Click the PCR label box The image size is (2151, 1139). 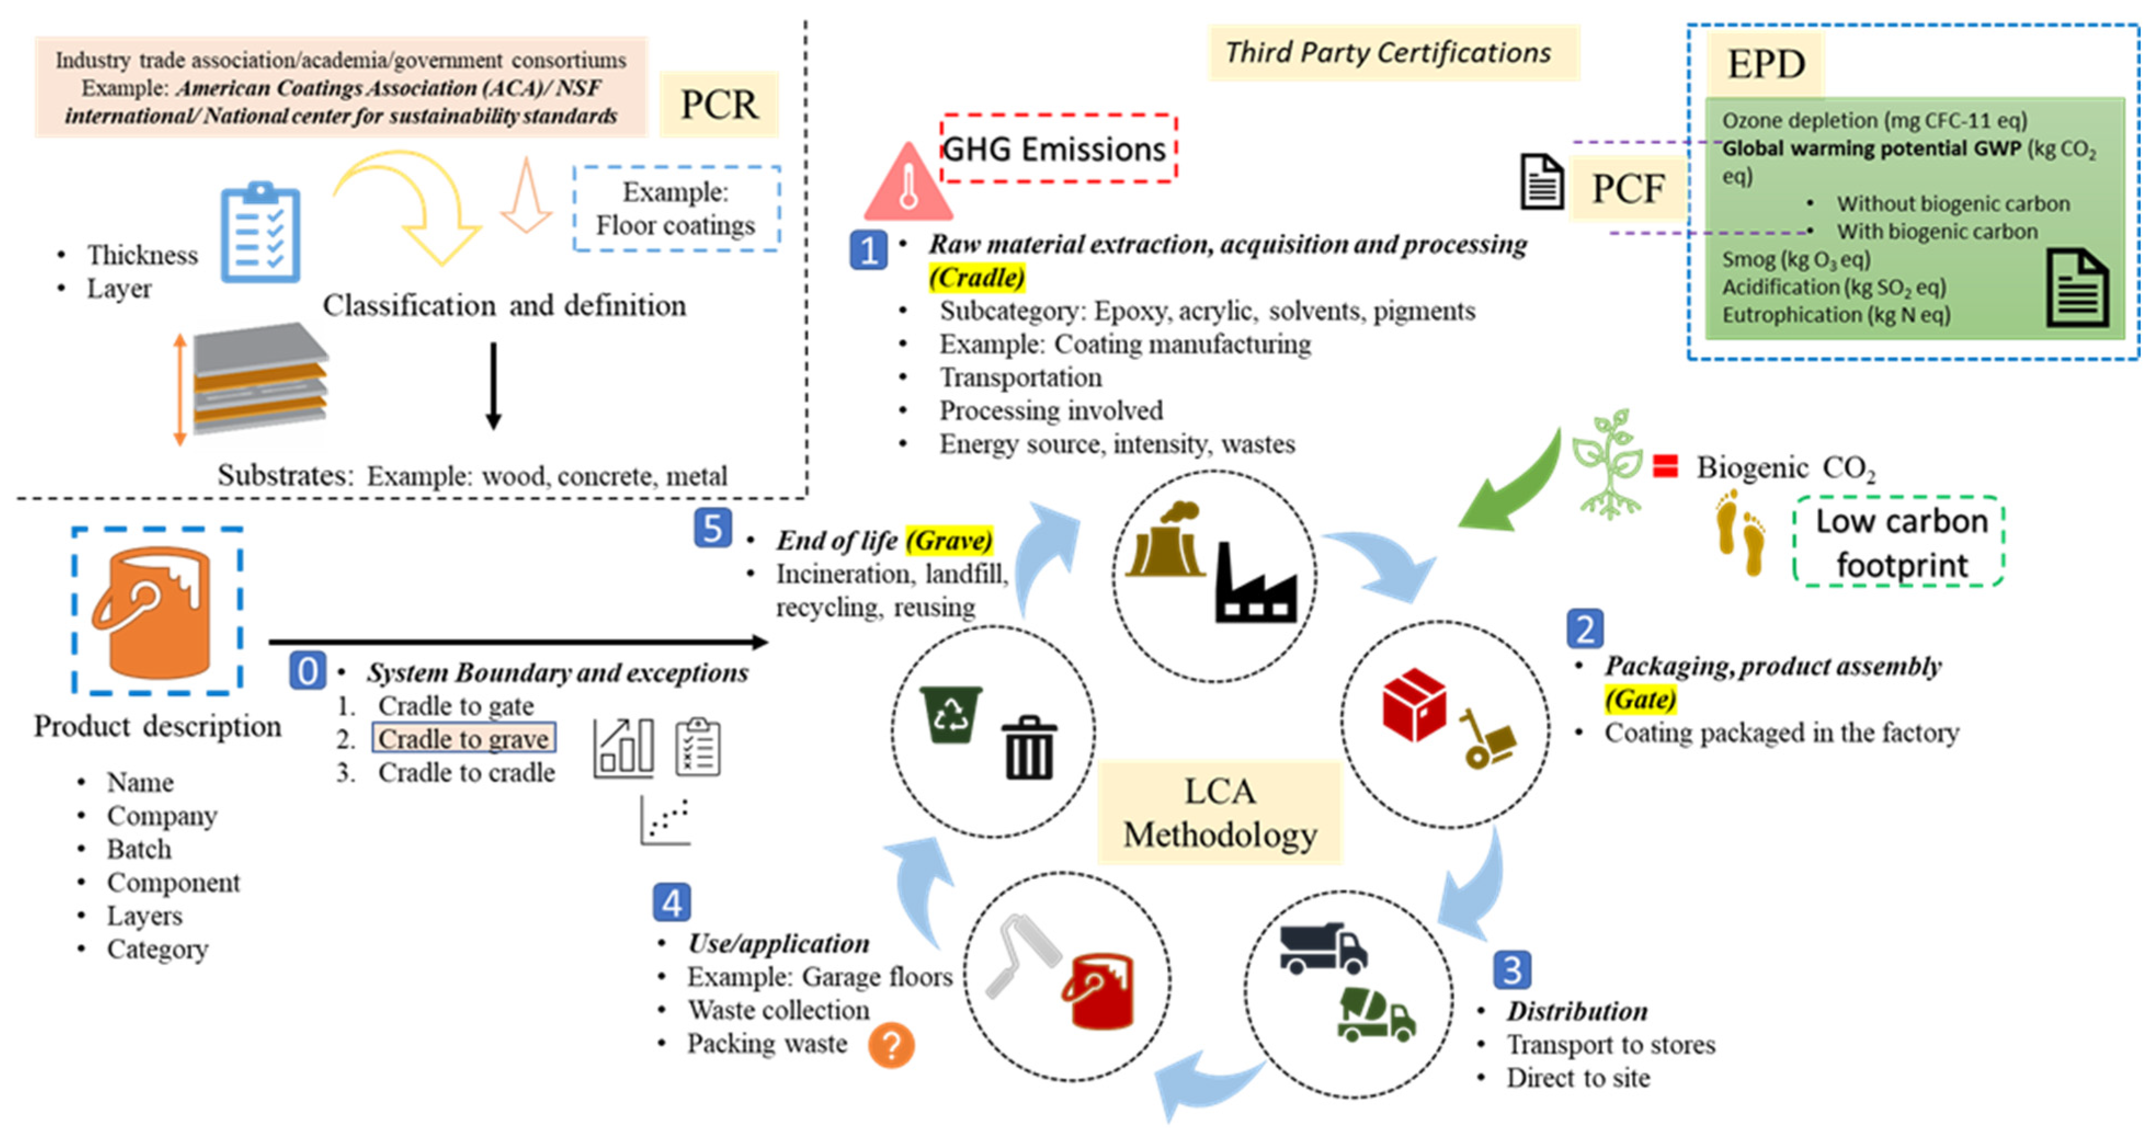tap(719, 105)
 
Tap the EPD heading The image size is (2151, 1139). tap(1765, 64)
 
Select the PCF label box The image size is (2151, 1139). tap(1628, 188)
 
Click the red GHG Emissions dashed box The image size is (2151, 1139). tap(1058, 148)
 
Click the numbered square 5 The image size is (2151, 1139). tap(712, 529)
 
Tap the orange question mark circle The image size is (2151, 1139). tap(891, 1045)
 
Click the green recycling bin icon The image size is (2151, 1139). tap(950, 714)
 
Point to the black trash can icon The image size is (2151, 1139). tap(1029, 748)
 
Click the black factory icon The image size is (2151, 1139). tap(1256, 585)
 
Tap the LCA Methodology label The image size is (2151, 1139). tap(1219, 812)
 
